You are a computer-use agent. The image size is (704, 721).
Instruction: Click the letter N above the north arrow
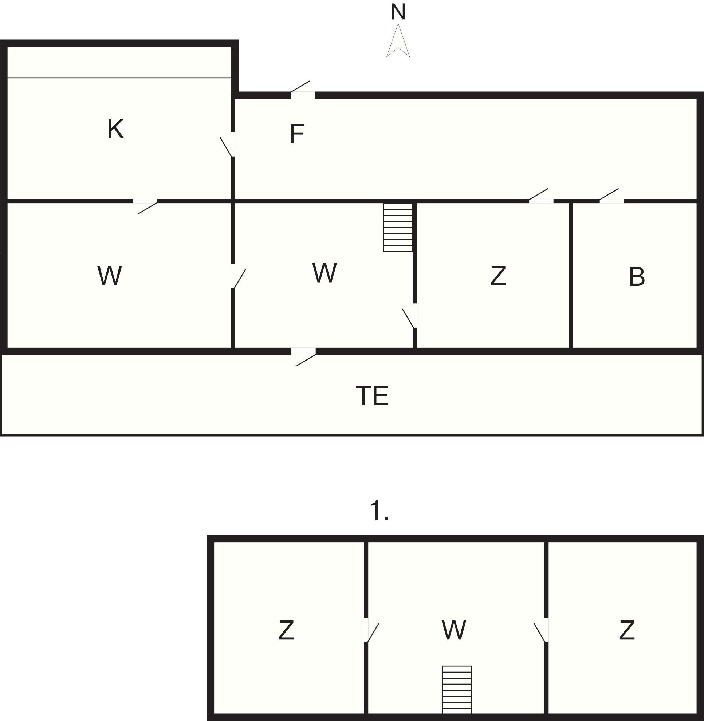tap(398, 12)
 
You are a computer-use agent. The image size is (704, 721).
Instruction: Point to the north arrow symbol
tap(398, 41)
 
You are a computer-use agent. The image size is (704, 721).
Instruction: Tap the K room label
tap(115, 129)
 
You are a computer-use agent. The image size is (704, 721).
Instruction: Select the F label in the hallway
tap(297, 134)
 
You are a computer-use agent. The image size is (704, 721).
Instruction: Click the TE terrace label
tap(372, 395)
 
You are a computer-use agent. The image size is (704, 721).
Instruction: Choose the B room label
tap(637, 277)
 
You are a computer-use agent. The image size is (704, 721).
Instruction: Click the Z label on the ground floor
tap(498, 276)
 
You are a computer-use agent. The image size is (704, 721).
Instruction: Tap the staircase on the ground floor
tap(398, 227)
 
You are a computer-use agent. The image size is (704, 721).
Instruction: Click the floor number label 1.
tap(379, 512)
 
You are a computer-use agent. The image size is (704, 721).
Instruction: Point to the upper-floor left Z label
tap(286, 630)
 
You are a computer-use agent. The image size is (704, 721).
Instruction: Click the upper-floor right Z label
tap(627, 630)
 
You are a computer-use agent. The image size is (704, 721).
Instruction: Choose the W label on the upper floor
tap(454, 630)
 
